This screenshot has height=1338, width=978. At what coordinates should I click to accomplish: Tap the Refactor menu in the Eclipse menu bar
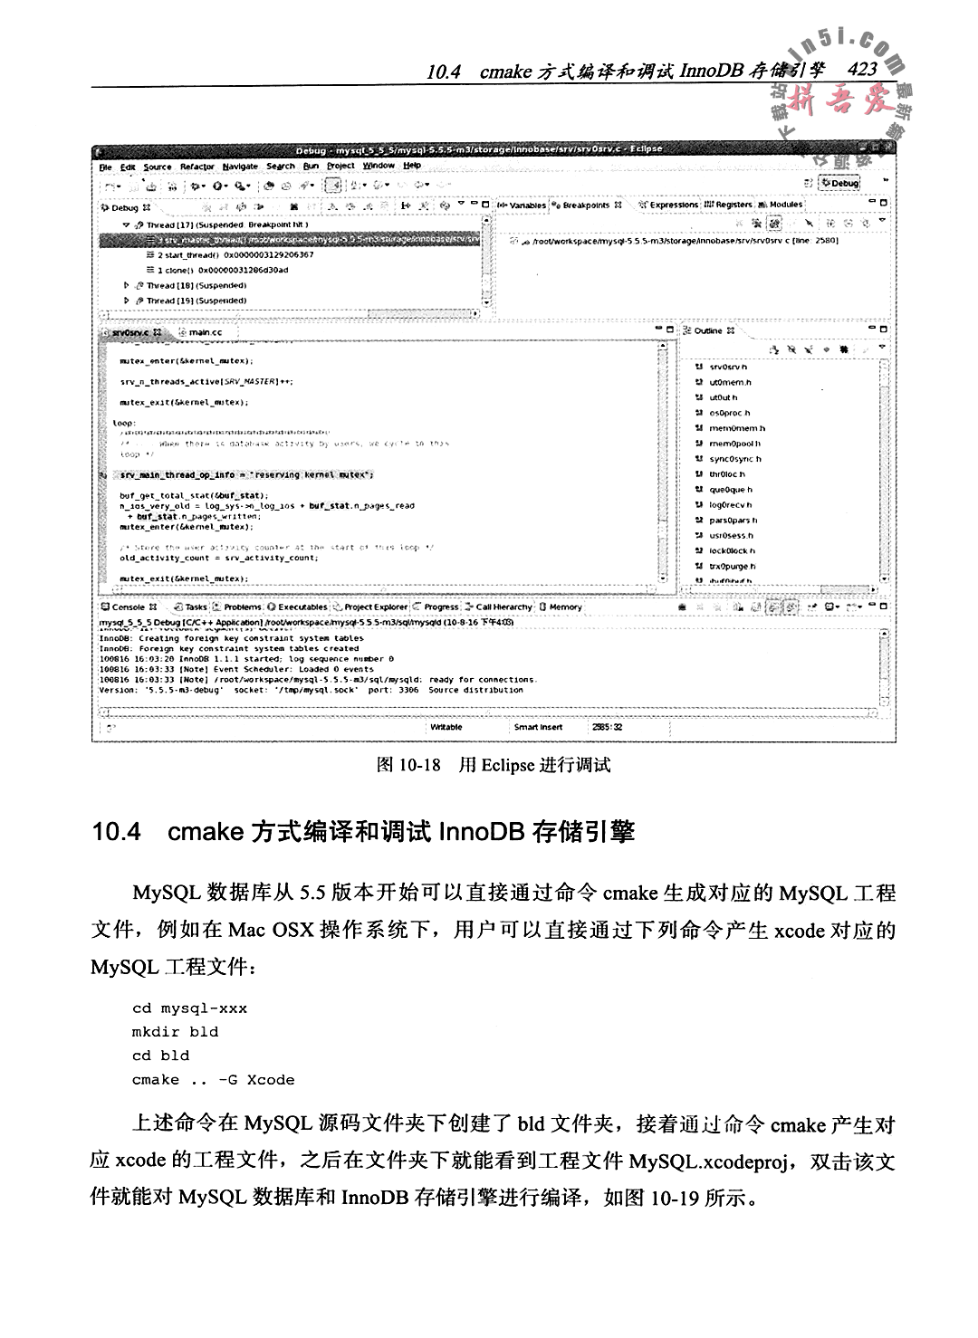(x=197, y=167)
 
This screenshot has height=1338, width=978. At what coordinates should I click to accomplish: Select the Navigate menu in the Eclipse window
(x=239, y=167)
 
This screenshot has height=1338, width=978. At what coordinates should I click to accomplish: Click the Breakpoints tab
(x=586, y=205)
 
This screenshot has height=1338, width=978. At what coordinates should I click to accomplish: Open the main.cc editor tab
(x=205, y=332)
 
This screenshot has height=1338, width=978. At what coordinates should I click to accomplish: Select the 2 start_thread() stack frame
(x=235, y=255)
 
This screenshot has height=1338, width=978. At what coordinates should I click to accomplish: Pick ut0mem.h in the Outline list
(x=730, y=382)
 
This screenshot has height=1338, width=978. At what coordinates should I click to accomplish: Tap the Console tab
(x=128, y=607)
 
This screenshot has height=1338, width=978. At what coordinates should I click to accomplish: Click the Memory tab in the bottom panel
(x=565, y=607)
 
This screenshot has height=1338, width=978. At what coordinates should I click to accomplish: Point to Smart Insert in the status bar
(x=538, y=727)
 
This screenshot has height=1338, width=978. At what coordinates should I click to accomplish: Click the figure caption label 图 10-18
(x=407, y=765)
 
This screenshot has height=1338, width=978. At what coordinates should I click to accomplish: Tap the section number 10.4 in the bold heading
(x=117, y=831)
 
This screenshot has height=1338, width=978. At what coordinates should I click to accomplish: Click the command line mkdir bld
(x=175, y=1032)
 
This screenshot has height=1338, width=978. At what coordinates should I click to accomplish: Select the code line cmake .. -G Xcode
(x=213, y=1079)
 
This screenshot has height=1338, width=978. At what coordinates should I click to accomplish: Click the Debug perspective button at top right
(x=839, y=183)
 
